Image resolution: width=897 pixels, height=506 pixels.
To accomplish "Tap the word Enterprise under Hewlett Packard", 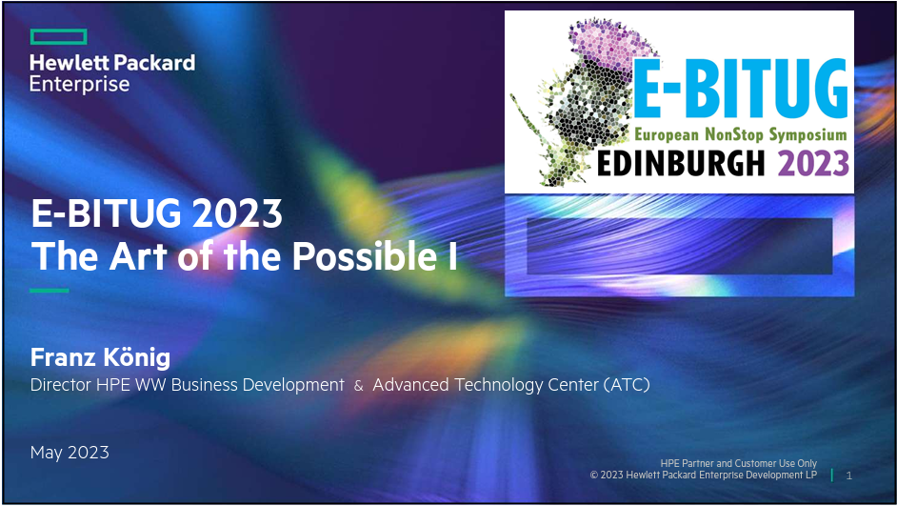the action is click(80, 84).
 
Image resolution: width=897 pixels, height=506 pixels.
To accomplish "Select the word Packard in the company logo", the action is click(154, 62).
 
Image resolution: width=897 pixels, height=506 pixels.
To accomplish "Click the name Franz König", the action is click(100, 357).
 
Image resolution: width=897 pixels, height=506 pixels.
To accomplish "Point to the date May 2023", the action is click(70, 453).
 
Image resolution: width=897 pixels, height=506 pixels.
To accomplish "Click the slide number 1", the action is click(849, 476).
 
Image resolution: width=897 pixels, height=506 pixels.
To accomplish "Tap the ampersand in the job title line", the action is click(358, 386).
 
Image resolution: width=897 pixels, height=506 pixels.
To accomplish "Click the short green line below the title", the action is click(50, 291).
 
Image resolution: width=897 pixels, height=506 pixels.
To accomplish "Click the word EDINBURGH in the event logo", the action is click(681, 163).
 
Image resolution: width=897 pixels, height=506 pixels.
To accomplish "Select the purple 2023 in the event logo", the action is click(813, 163).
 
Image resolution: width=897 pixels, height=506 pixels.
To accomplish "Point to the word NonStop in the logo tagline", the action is click(734, 134).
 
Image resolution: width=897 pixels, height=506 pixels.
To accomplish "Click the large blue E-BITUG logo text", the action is click(740, 89).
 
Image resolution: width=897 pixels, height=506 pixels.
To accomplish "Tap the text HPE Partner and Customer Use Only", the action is click(739, 463).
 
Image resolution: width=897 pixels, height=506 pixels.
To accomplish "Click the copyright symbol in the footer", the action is click(594, 476).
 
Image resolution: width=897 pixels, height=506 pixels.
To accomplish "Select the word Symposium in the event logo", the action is click(807, 135).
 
